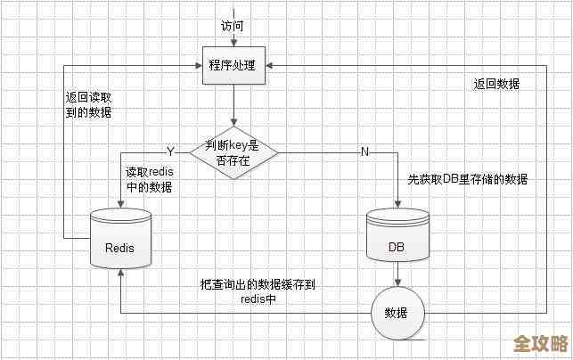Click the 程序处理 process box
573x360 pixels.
coord(232,66)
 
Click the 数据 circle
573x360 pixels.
coord(397,314)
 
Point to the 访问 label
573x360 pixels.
coord(232,25)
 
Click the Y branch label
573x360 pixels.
coord(170,150)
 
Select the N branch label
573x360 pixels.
coord(364,151)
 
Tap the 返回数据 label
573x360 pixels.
coord(496,84)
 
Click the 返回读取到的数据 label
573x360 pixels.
coord(89,105)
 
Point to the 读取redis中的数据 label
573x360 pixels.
coord(149,179)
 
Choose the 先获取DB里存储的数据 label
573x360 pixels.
coord(468,179)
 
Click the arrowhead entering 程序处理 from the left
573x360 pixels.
coord(197,66)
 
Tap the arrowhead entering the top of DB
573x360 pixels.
coord(398,204)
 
